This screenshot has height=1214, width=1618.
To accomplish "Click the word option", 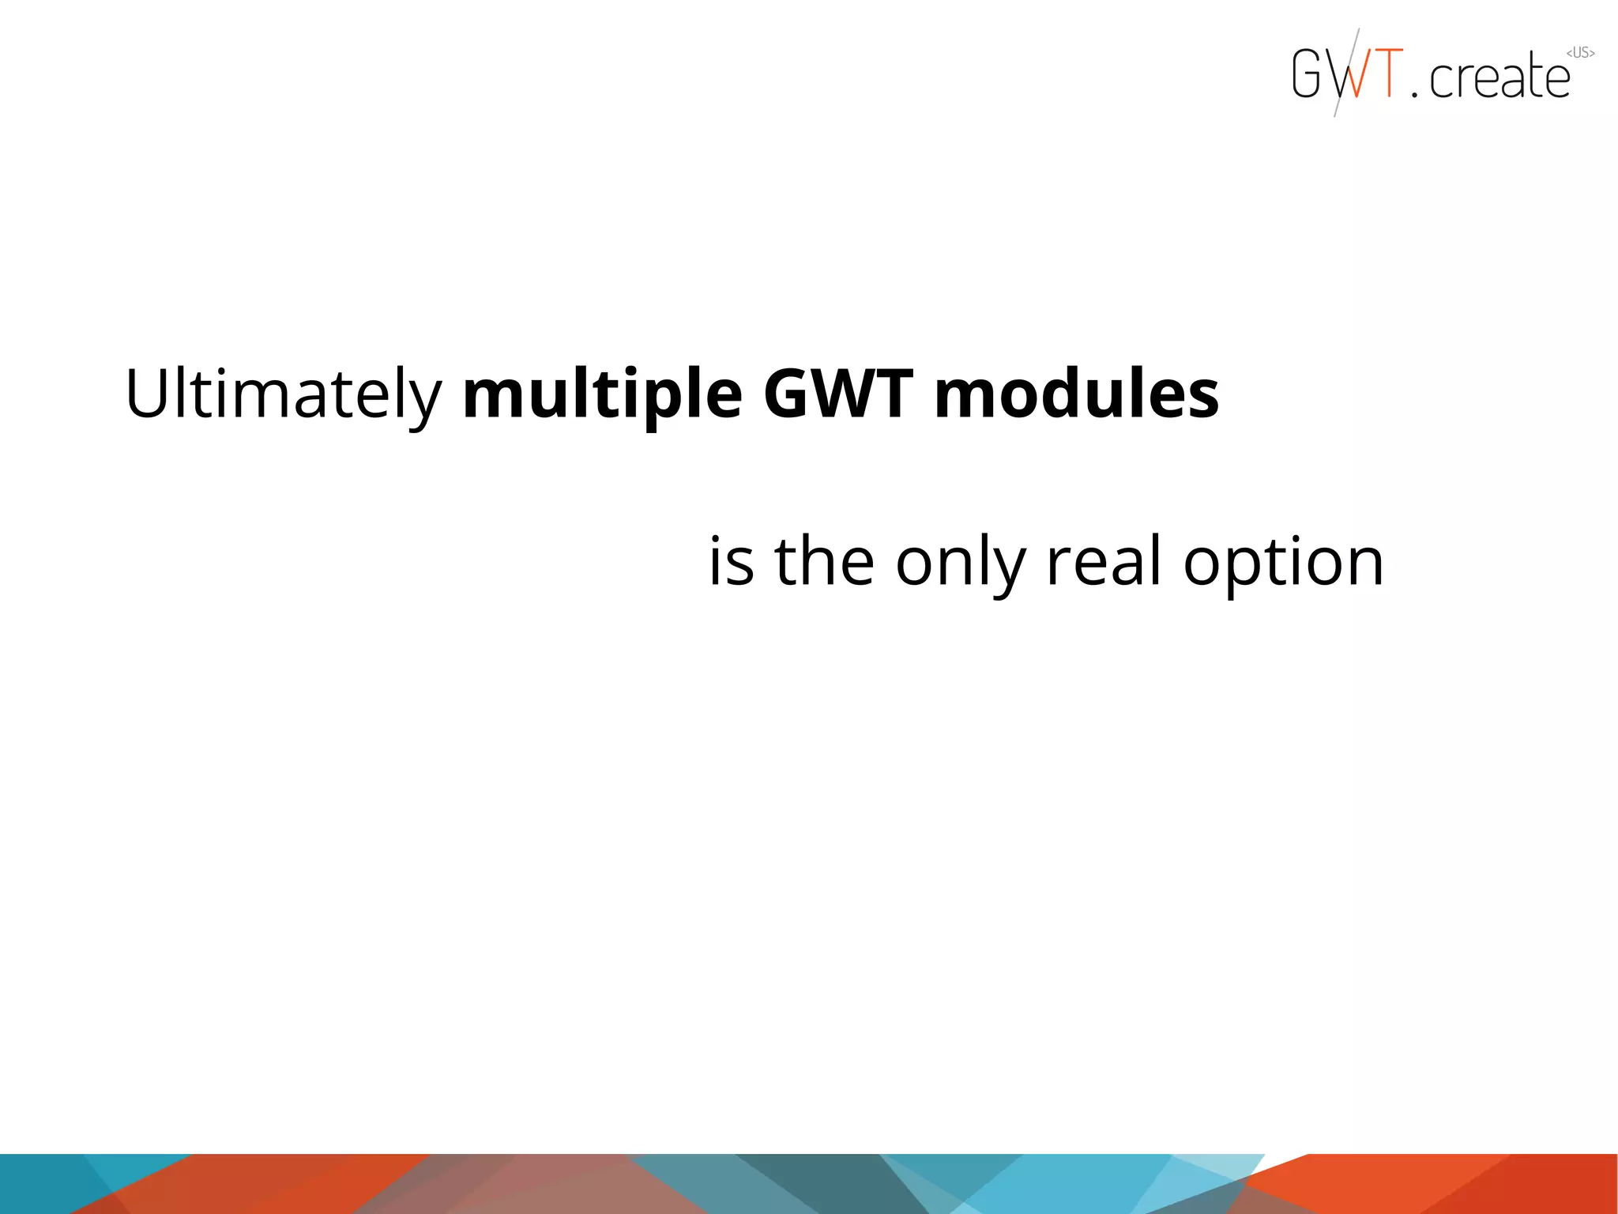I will coord(1283,563).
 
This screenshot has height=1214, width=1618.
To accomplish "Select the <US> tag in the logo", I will coord(1580,53).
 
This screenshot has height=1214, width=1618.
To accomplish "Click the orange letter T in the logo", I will coord(1388,74).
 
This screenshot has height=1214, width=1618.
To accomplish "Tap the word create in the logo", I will coord(1499,77).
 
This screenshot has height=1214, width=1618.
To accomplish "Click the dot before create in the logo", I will coord(1415,94).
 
